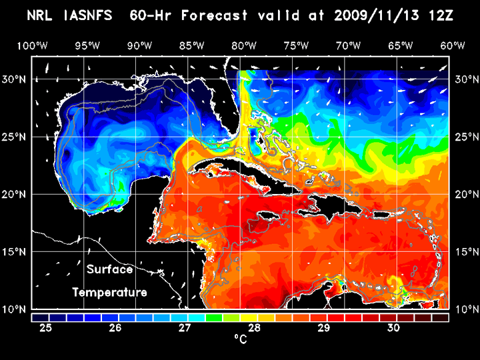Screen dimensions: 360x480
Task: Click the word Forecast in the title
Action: tap(221, 15)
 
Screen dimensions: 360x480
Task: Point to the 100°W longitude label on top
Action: tap(32, 45)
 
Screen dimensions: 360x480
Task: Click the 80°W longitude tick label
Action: tap(245, 45)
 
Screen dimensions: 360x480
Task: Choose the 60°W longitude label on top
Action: tap(453, 45)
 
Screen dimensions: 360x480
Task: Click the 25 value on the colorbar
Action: tap(47, 328)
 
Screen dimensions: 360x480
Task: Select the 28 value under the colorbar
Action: tap(255, 328)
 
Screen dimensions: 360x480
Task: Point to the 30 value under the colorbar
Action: tap(393, 328)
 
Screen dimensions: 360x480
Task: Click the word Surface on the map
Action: tap(109, 270)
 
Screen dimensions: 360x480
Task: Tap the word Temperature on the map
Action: tap(109, 292)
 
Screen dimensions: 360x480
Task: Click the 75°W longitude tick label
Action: tap(296, 45)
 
